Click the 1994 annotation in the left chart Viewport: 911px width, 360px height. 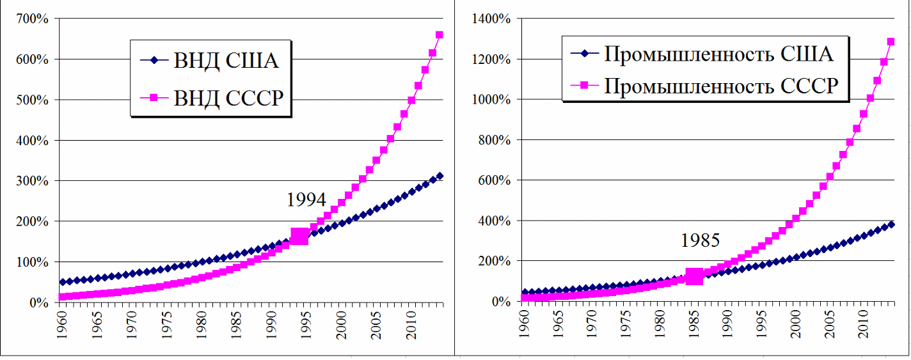click(x=306, y=200)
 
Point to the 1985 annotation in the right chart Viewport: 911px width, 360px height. click(x=700, y=240)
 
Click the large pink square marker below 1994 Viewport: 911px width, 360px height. click(x=299, y=237)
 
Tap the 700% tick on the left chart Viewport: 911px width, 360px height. click(x=32, y=19)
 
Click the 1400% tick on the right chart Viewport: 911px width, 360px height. click(x=490, y=19)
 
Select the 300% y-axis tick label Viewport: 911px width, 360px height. click(x=32, y=181)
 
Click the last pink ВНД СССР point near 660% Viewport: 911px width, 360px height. click(x=440, y=35)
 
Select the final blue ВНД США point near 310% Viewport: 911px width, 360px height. click(x=440, y=176)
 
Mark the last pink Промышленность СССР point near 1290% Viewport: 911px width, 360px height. click(x=891, y=42)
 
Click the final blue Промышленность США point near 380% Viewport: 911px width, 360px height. click(x=891, y=224)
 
